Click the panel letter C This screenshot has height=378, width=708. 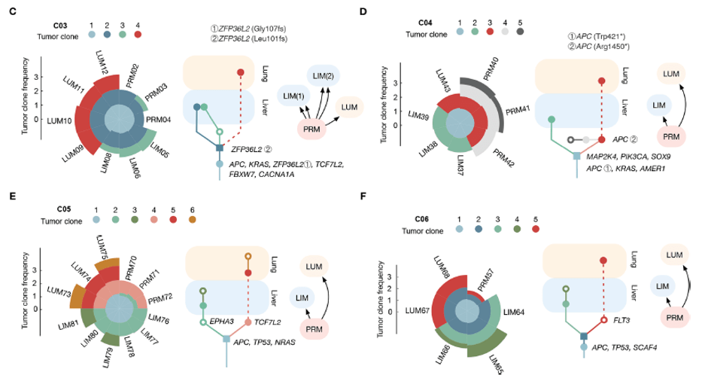tap(12, 11)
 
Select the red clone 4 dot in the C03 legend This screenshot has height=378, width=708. tap(138, 34)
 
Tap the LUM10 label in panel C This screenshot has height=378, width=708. tap(59, 120)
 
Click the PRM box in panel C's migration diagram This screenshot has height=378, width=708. tap(311, 130)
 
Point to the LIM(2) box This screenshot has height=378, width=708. tap(324, 75)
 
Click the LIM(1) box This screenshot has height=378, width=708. tap(293, 96)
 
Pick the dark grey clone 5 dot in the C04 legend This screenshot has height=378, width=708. tap(520, 32)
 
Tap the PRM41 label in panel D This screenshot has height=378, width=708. tap(518, 110)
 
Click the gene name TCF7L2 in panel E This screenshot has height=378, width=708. tap(267, 322)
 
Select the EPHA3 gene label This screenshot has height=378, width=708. tap(222, 322)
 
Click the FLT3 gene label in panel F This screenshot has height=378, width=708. tap(621, 320)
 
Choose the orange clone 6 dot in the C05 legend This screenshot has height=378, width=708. tap(193, 220)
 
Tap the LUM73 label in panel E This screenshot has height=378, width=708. tap(59, 291)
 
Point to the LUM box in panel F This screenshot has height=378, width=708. tap(674, 255)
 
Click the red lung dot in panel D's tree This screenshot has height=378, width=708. tap(601, 81)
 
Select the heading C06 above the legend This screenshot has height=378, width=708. tap(422, 219)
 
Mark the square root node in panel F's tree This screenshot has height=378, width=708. tap(584, 336)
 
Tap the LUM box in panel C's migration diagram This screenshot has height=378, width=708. tap(349, 107)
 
